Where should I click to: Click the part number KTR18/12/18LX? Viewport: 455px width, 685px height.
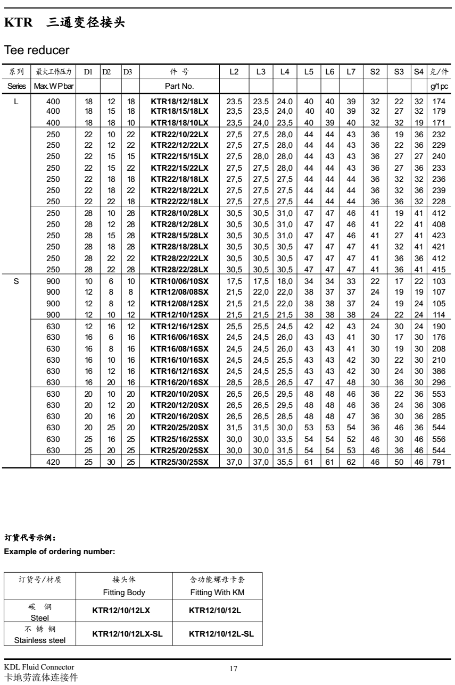click(179, 101)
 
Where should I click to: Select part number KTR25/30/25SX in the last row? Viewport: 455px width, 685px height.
click(179, 463)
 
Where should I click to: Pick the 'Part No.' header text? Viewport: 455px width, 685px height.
click(180, 86)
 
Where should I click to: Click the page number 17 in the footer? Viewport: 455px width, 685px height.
click(233, 669)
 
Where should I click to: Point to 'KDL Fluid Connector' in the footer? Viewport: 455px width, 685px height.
click(39, 668)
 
